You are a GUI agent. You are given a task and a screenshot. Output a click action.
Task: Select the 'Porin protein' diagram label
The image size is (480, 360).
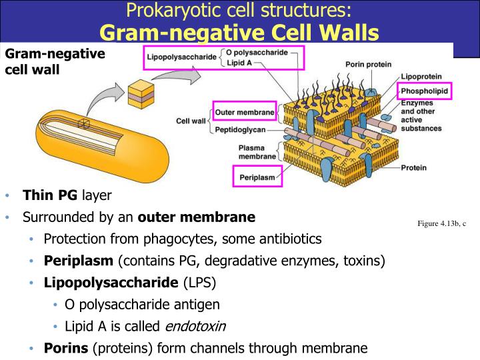point(367,65)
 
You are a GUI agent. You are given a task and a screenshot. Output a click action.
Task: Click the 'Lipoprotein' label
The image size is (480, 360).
point(421,77)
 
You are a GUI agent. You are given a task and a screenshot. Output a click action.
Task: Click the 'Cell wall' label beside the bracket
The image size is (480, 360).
point(191,121)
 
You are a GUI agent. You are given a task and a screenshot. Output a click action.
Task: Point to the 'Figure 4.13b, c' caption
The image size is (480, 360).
point(441,223)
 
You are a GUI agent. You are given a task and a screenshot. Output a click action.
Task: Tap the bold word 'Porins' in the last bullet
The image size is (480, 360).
point(67,347)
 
